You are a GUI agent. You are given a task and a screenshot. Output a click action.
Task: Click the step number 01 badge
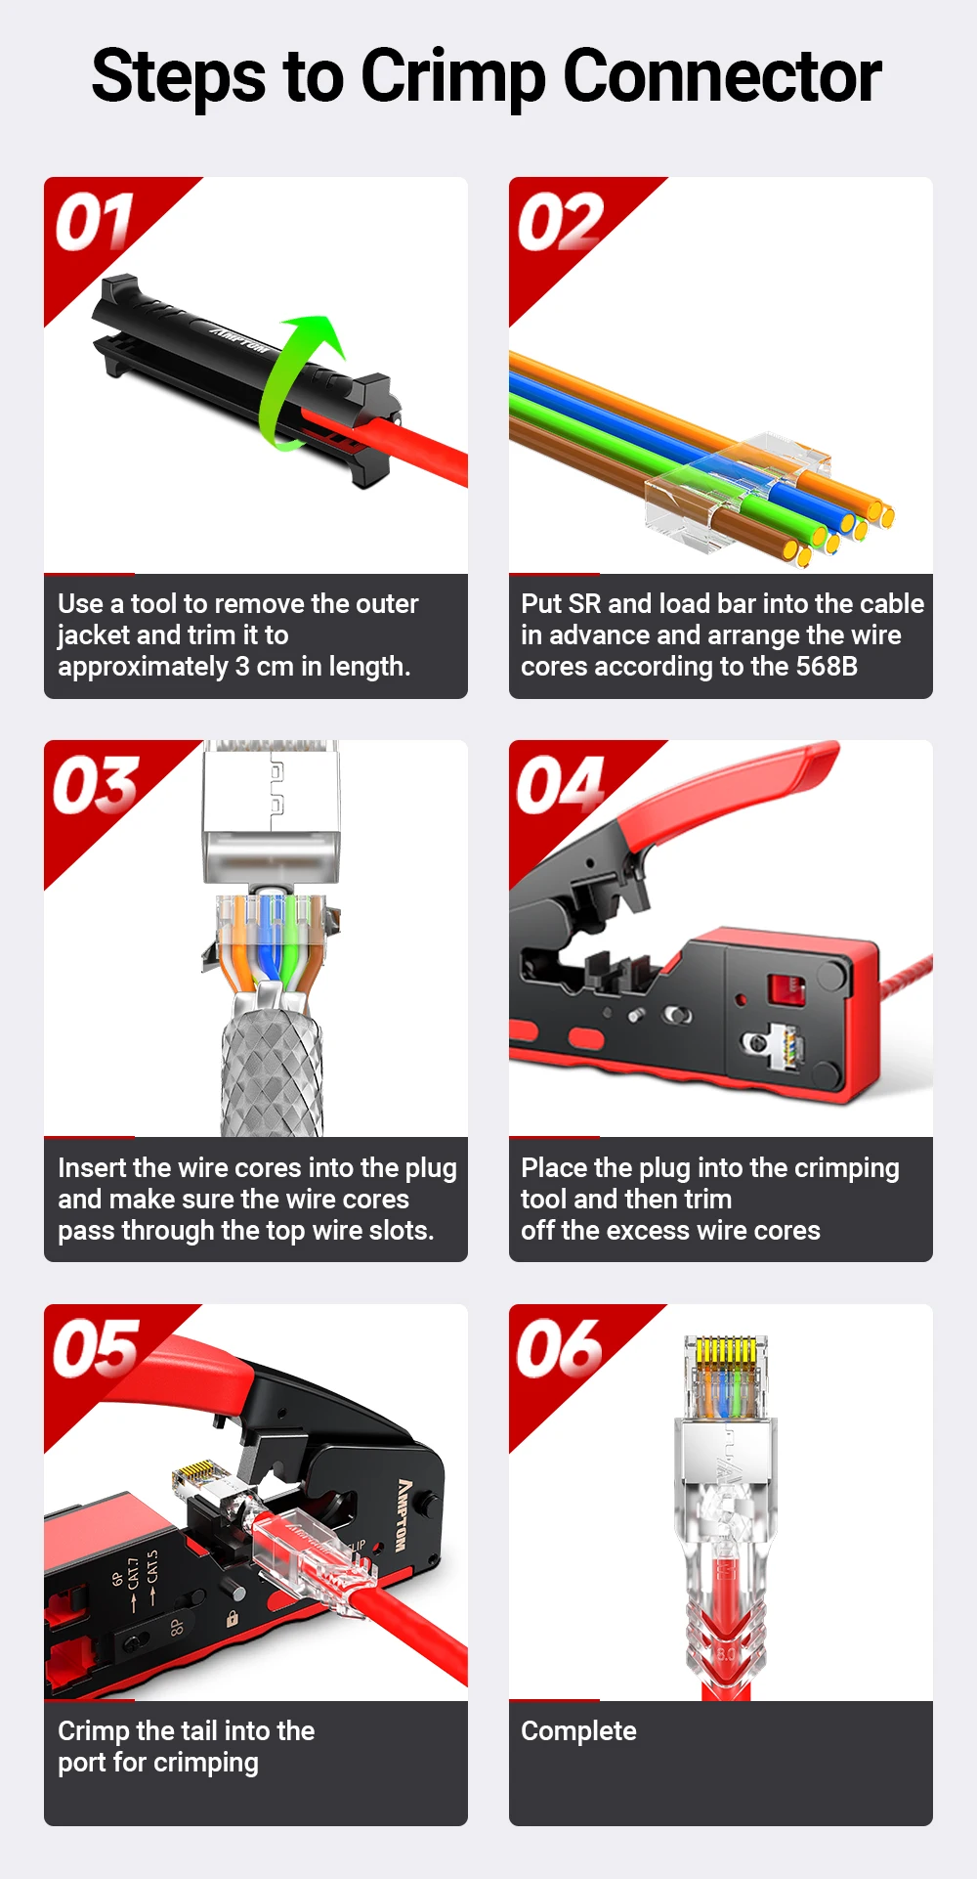click(95, 222)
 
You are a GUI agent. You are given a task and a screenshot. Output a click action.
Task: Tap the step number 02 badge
click(560, 222)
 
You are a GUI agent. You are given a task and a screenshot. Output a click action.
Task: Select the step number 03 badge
click(95, 785)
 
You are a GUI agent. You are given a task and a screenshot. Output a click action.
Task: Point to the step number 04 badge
click(560, 785)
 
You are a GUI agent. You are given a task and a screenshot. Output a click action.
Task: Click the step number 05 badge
click(95, 1349)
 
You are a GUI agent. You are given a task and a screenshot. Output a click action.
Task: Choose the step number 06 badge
click(560, 1349)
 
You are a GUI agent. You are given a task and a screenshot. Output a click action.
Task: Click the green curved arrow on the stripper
click(293, 381)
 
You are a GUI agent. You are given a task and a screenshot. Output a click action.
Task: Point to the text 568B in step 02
click(827, 667)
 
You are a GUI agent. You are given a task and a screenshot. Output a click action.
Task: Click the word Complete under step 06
click(578, 1731)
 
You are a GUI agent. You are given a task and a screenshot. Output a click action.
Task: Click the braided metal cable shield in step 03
click(272, 1071)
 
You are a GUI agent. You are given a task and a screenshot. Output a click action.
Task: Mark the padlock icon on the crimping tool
click(233, 1618)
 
